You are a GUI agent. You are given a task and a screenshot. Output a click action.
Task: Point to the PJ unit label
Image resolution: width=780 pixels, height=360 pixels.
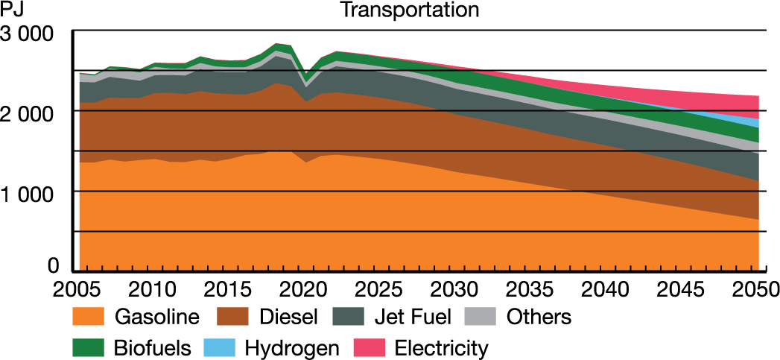[13, 10]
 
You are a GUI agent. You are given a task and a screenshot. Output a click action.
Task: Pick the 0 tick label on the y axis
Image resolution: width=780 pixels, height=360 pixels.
[54, 266]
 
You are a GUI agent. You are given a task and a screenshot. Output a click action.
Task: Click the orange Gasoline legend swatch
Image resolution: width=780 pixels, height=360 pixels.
[89, 317]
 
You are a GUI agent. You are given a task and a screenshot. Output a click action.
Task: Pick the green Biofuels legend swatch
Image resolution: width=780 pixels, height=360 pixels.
[89, 347]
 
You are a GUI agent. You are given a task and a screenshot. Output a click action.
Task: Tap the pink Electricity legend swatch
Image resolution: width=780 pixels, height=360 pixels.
[371, 347]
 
